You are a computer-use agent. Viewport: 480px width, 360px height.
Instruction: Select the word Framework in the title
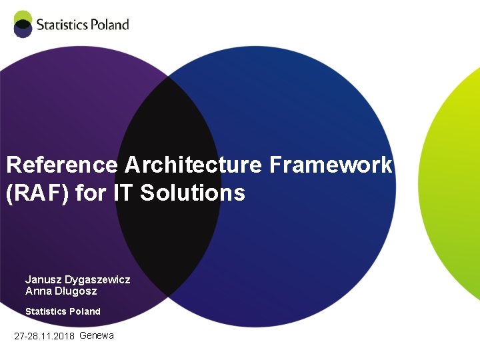331,165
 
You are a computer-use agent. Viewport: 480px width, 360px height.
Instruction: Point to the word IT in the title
123,193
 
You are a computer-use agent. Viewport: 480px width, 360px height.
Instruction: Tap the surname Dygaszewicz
97,279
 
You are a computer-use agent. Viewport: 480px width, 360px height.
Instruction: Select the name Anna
37,291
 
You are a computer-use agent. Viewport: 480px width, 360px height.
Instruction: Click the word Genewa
97,335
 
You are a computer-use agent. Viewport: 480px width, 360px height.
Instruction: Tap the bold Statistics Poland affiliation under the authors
63,311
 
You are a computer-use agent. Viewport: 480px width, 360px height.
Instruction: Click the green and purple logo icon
23,24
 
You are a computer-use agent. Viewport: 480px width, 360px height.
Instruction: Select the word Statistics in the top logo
62,25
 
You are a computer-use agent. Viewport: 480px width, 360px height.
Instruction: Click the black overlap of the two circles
167,240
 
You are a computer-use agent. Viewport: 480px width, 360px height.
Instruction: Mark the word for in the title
89,193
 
